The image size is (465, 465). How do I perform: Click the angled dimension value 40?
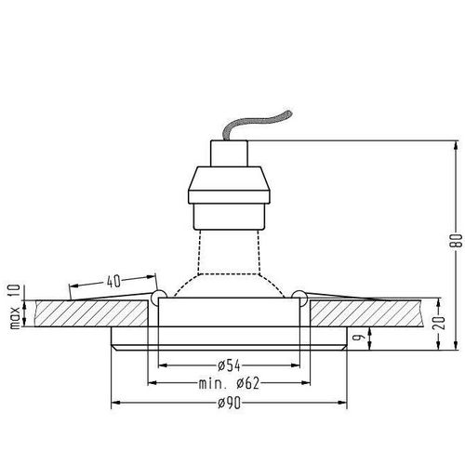tap(113, 280)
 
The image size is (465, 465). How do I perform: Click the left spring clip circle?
tap(158, 297)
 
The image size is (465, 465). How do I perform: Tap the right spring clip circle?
tap(298, 297)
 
